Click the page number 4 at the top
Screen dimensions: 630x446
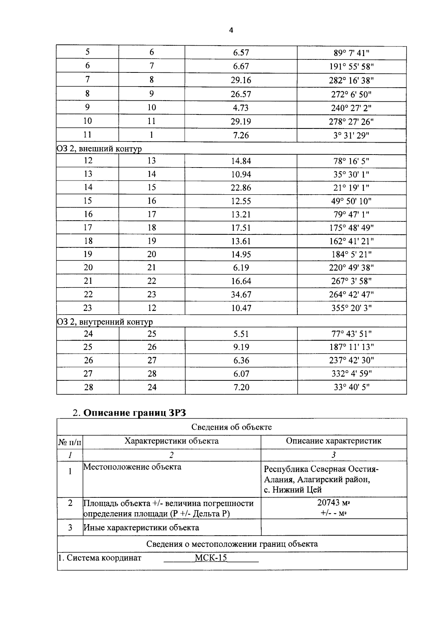click(x=231, y=30)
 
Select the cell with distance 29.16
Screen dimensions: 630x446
click(x=241, y=80)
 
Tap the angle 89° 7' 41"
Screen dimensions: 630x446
click(x=351, y=53)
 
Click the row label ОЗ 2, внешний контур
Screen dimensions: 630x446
click(x=99, y=149)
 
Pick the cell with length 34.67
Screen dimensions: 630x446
click(x=241, y=295)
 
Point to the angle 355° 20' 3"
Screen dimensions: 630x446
click(x=351, y=308)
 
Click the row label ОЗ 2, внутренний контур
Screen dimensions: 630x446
click(x=105, y=322)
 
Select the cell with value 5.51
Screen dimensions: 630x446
click(x=241, y=334)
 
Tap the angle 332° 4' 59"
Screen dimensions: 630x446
click(x=351, y=374)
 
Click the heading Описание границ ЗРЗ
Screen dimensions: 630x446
click(x=134, y=413)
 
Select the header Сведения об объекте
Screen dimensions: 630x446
click(x=232, y=427)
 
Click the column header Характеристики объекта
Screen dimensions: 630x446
click(x=171, y=441)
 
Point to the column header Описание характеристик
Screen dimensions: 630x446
click(x=333, y=441)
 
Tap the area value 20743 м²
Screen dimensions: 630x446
click(x=333, y=503)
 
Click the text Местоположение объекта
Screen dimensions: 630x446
click(x=132, y=467)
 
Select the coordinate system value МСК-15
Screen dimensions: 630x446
click(x=211, y=558)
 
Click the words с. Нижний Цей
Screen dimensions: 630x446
click(x=293, y=490)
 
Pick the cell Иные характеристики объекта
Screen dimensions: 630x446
click(x=141, y=527)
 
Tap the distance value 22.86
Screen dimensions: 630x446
click(x=241, y=188)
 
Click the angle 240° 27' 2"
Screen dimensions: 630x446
click(x=351, y=108)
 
